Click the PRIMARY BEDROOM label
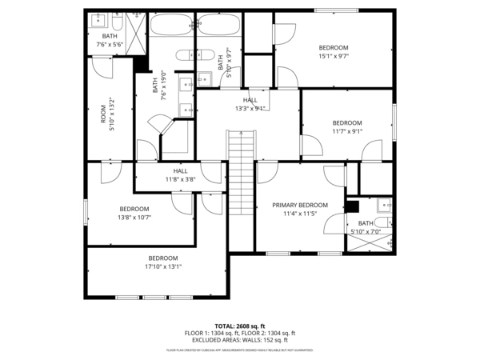(x=300, y=205)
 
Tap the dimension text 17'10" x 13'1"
(x=163, y=266)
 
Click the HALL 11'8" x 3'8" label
(x=180, y=175)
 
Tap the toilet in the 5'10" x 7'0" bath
(x=383, y=222)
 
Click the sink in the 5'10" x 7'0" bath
(x=383, y=202)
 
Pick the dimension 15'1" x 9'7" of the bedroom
(x=334, y=56)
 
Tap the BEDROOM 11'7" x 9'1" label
(x=347, y=127)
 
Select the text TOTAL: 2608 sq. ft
(x=240, y=326)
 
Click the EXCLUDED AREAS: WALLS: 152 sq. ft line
(x=240, y=339)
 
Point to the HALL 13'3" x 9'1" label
(x=250, y=104)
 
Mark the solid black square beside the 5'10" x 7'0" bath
(x=352, y=206)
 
